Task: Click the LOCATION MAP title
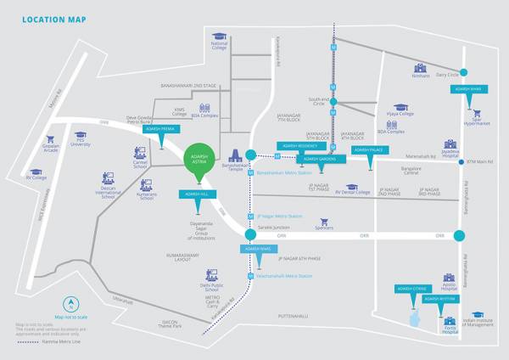click(53, 20)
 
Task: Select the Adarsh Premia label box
click(162, 130)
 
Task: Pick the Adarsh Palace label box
click(367, 150)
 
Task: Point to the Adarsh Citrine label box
click(412, 289)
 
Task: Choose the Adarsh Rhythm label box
click(441, 299)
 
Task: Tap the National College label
click(220, 46)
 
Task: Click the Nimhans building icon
click(420, 67)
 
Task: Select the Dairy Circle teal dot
click(464, 73)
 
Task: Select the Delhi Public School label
click(211, 288)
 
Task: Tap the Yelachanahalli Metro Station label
click(284, 276)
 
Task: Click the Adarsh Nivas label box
click(255, 249)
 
